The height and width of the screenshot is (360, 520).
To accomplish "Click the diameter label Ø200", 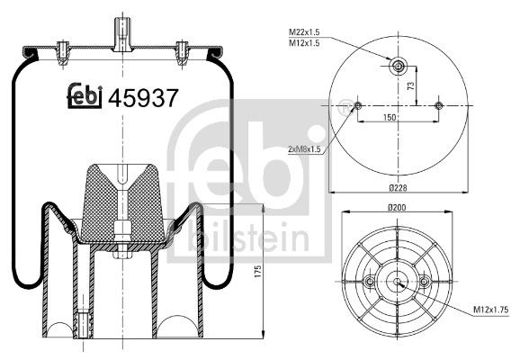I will pos(398,210).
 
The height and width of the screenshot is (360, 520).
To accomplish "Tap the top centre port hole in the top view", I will pos(398,65).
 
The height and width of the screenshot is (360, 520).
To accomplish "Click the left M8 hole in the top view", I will pos(358,106).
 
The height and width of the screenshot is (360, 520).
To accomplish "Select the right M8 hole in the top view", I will pos(438,106).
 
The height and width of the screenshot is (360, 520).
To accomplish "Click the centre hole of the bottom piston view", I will pos(398,282).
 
